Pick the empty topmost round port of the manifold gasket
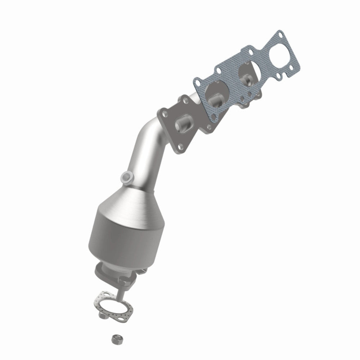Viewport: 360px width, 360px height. point(280,54)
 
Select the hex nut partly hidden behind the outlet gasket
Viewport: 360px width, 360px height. point(103,317)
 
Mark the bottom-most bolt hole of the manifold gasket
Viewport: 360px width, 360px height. point(214,117)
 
